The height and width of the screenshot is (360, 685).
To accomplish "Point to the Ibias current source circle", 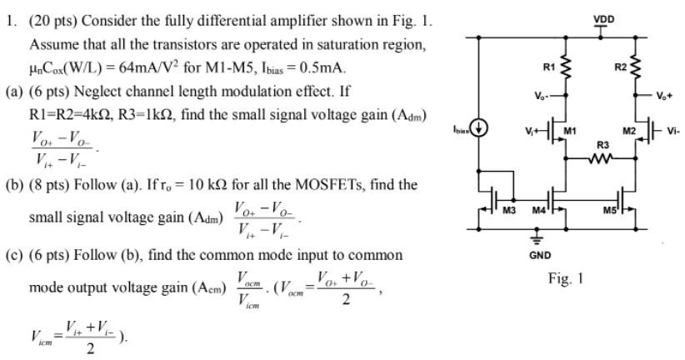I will click(480, 130).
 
